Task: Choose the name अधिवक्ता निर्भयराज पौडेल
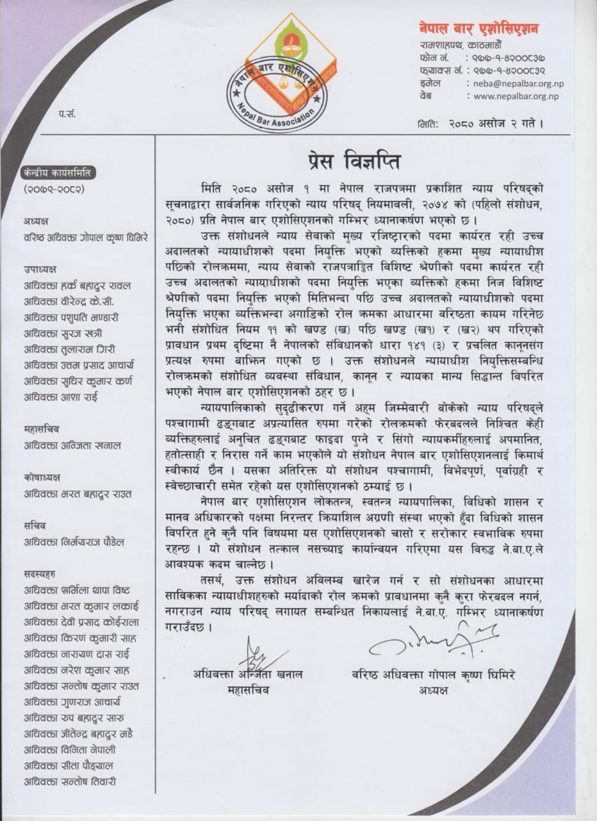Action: tap(74, 542)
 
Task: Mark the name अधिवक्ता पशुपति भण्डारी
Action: tap(71, 317)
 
